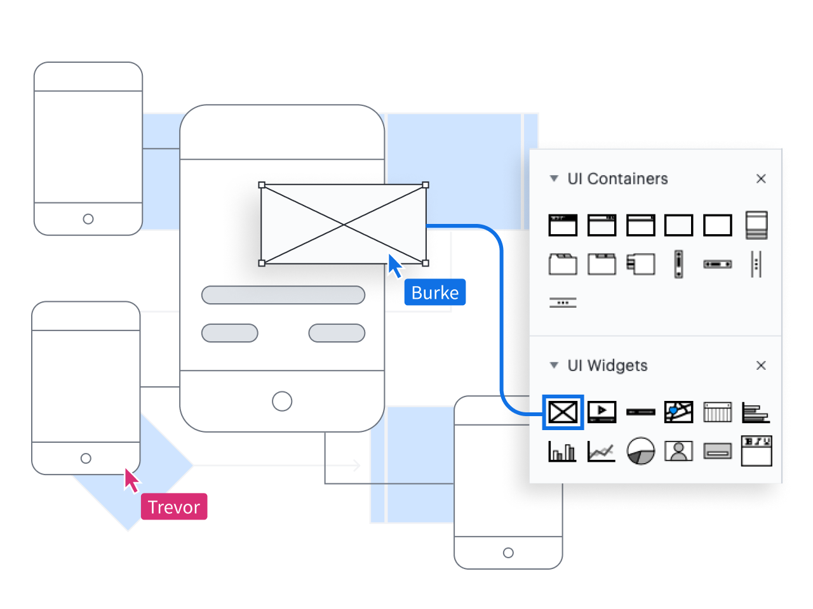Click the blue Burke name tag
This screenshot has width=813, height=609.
tap(435, 292)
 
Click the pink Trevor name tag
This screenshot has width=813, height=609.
tap(174, 507)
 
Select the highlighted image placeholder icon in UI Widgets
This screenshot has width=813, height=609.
tap(563, 412)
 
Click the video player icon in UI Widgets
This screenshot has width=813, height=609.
tap(601, 412)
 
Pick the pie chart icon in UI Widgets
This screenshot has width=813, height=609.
tap(640, 451)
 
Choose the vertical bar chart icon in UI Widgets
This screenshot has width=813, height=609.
tap(562, 451)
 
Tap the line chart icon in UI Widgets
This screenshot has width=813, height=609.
tap(601, 451)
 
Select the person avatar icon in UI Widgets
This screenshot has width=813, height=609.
tap(678, 451)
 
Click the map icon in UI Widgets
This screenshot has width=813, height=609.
tap(678, 412)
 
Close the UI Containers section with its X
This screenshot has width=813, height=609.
tap(761, 179)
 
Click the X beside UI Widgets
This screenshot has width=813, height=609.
tap(761, 365)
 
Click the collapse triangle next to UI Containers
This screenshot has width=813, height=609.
tap(554, 179)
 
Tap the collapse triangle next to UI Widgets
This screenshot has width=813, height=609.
tap(554, 365)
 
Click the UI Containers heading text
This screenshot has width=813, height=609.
tap(617, 179)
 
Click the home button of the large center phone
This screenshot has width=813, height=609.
tap(282, 401)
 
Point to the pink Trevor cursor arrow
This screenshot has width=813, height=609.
tap(131, 480)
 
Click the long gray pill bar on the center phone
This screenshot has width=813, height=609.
tap(283, 295)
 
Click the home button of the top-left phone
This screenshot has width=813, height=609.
tap(88, 219)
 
